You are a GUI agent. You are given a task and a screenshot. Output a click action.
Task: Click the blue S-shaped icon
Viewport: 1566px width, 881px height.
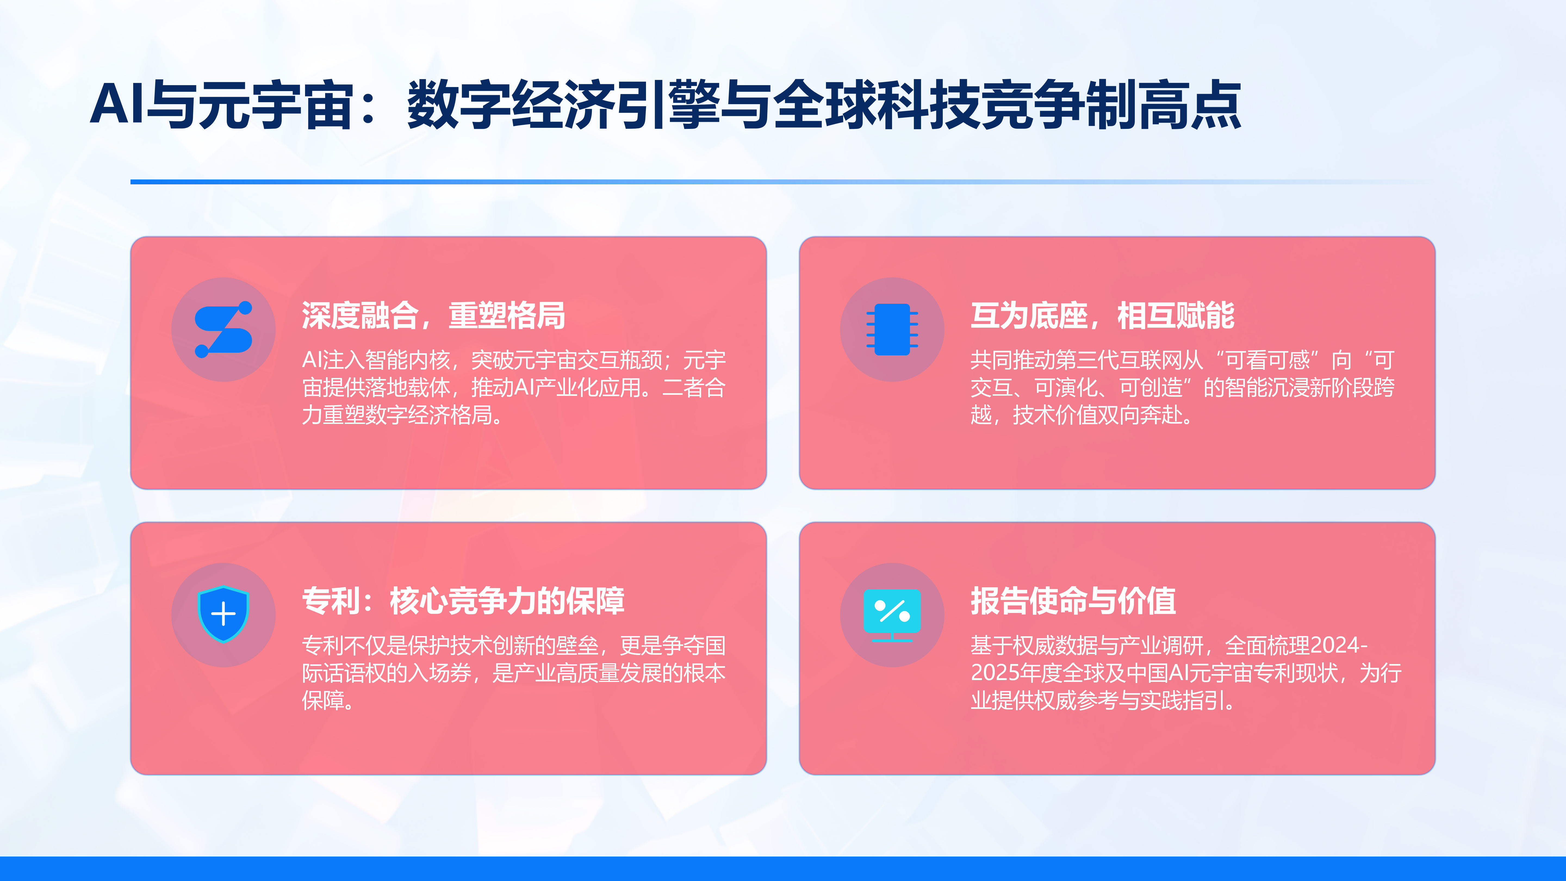(223, 329)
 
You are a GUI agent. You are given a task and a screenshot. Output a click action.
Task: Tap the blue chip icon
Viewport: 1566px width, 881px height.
(892, 329)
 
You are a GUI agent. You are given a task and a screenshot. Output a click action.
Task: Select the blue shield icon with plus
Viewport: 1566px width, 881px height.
(223, 614)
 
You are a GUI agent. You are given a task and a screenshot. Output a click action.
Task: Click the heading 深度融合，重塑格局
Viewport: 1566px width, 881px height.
(433, 315)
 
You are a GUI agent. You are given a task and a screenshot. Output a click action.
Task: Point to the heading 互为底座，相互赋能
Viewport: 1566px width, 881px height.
(1102, 315)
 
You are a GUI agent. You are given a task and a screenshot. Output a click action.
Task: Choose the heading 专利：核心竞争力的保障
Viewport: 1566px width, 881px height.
(463, 601)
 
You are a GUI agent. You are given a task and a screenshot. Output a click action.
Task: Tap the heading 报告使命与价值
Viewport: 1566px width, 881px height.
(1073, 601)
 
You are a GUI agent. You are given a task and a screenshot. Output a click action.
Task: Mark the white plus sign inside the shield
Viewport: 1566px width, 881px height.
(223, 613)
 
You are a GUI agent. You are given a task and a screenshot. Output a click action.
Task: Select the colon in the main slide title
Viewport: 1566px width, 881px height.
(368, 105)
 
